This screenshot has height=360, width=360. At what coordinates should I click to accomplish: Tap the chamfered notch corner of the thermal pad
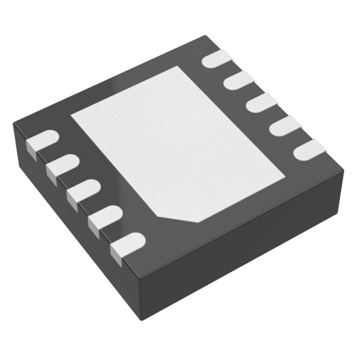click(x=180, y=217)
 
